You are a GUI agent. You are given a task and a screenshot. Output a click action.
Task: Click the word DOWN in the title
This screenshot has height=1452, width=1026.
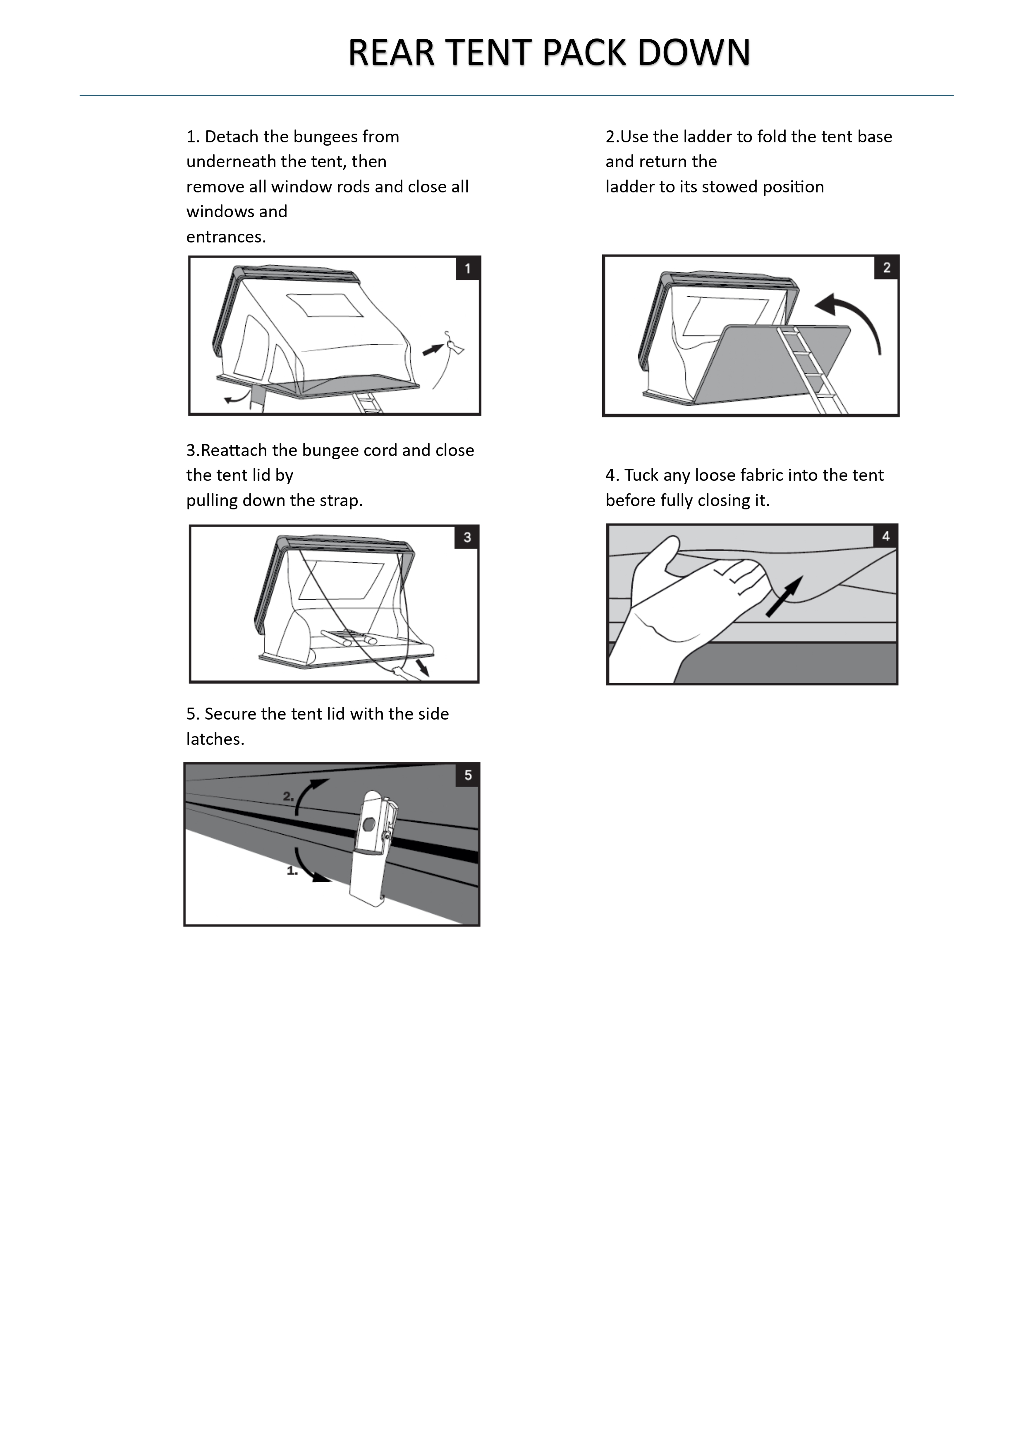[x=694, y=53]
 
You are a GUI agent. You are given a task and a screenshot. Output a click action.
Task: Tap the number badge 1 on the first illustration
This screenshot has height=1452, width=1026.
[x=468, y=269]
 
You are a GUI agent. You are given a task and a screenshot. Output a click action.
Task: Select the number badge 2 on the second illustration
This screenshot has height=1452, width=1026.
[x=886, y=267]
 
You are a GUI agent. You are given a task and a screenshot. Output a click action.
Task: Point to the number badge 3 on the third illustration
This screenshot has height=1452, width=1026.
[x=467, y=538]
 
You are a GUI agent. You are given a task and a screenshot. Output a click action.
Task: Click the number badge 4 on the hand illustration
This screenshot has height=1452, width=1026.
[x=886, y=536]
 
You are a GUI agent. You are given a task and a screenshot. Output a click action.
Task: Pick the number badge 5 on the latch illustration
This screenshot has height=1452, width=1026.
[x=468, y=775]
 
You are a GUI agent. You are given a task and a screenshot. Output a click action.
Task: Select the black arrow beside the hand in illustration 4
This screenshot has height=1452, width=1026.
[x=784, y=596]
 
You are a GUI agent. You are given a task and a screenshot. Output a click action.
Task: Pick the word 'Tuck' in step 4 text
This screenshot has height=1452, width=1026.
[x=641, y=475]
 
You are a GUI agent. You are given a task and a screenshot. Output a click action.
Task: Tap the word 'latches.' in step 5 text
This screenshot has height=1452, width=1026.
[x=215, y=739]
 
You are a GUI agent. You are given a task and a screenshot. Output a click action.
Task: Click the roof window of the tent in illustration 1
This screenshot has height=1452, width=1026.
[x=325, y=305]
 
